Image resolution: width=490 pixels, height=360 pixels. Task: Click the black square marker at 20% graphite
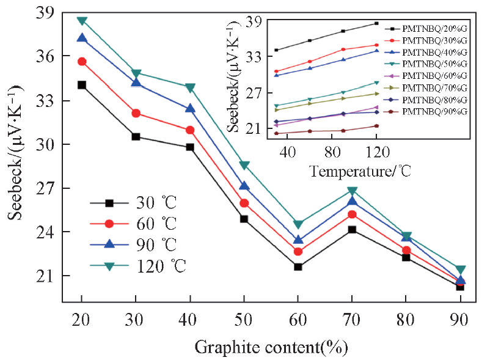81,85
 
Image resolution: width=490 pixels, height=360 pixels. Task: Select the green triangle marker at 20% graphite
81,21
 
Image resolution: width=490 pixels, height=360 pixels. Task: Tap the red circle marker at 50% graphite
244,203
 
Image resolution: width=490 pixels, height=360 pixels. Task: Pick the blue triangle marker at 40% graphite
190,109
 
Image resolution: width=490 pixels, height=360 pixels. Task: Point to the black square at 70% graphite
352,230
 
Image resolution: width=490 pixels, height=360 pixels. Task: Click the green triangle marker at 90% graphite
460,270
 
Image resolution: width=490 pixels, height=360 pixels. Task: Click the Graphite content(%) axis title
271,347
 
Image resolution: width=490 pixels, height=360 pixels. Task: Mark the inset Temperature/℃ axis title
360,171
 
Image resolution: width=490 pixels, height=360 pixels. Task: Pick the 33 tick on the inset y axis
253,57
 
